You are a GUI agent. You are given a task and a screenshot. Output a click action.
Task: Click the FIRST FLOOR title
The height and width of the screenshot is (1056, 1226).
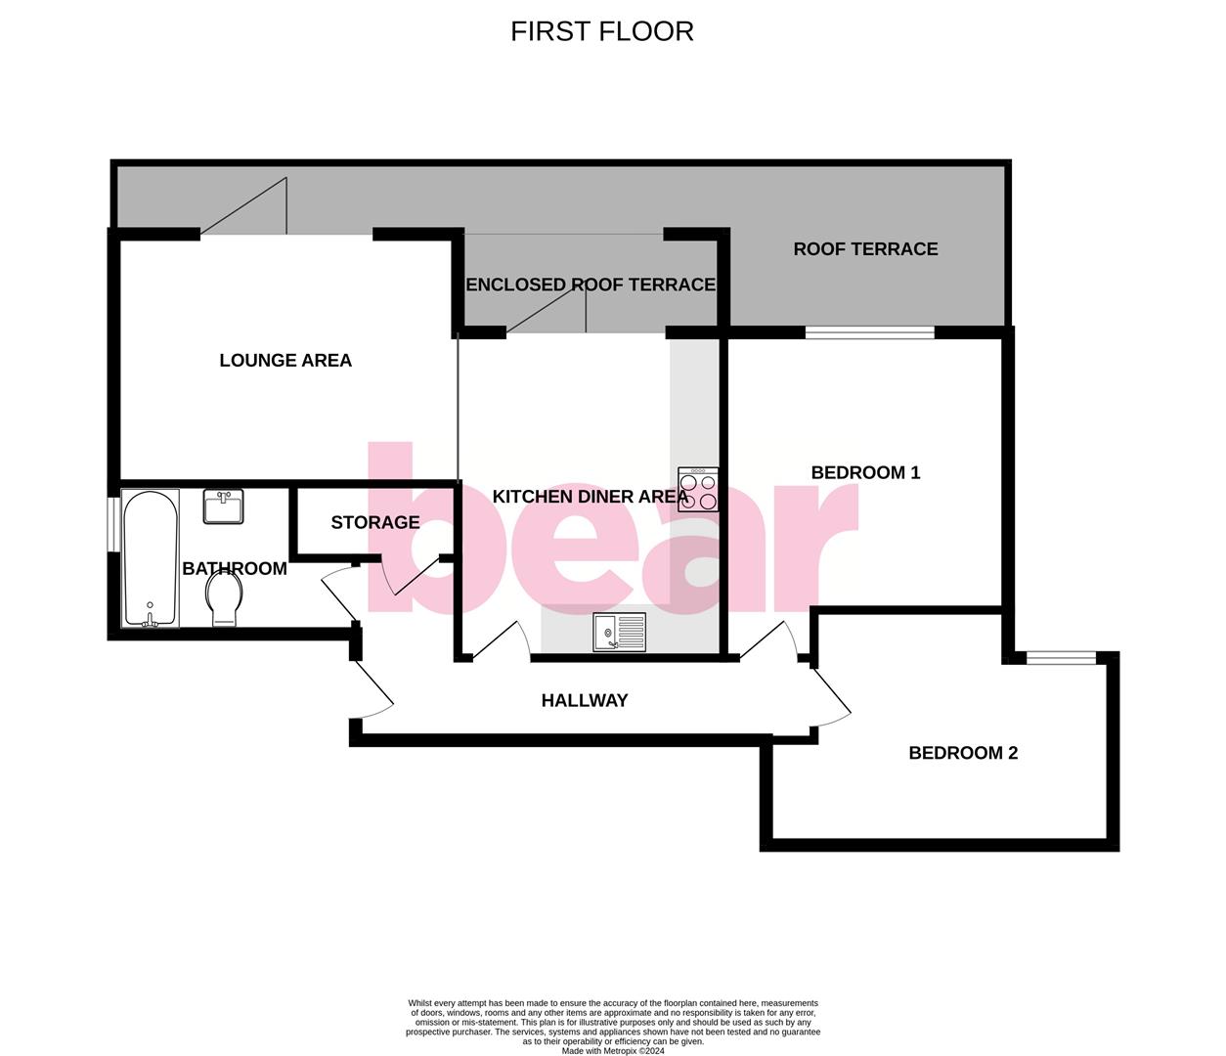601,31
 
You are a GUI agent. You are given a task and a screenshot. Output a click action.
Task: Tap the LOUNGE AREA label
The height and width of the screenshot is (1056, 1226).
285,361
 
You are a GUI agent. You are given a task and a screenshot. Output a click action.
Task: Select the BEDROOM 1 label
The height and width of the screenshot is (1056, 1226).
865,473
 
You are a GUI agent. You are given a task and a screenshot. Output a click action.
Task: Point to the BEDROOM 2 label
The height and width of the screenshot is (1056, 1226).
963,753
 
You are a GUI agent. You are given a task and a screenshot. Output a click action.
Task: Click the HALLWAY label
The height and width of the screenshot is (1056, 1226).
585,701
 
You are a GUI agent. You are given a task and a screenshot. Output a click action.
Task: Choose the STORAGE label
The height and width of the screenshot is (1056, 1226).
374,523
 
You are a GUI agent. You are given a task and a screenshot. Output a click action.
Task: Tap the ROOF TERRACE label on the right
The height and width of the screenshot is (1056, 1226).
865,249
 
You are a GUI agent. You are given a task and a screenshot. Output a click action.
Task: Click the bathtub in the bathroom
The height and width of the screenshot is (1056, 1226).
150,558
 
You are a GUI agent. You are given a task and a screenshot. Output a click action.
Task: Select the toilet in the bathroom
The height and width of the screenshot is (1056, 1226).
225,597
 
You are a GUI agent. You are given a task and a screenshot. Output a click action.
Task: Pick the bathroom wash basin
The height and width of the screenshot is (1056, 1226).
224,506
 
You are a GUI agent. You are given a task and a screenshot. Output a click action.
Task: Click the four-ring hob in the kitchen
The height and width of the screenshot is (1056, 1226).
698,490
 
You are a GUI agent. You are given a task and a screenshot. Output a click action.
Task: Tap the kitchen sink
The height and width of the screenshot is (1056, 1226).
619,632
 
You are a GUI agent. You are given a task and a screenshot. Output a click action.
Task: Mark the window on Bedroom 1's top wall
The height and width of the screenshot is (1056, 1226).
869,333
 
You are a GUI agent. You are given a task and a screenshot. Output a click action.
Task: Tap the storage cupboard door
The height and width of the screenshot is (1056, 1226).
411,577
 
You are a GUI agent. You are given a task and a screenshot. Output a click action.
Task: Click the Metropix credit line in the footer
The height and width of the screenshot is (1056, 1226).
613,1051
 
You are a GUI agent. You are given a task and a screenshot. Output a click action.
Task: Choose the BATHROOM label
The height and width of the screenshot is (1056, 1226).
235,569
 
